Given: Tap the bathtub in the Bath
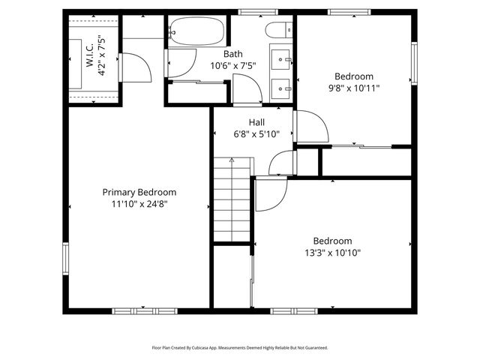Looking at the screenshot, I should click(x=195, y=32).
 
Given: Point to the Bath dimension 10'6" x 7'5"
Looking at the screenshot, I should click(x=232, y=66).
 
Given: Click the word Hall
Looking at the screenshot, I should click(x=256, y=122).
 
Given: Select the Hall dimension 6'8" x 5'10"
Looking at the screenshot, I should click(x=256, y=134).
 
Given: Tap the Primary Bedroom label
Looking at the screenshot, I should click(x=139, y=192).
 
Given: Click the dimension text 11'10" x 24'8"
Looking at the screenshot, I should click(x=139, y=203).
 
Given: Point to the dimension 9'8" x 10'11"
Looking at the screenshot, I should click(x=353, y=88).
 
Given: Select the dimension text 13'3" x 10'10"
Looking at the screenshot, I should click(x=332, y=253).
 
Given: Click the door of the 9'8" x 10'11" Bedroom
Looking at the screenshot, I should click(x=310, y=127).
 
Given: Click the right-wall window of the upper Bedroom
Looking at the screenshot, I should click(x=413, y=63).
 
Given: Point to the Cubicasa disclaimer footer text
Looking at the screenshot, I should click(x=240, y=348).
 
